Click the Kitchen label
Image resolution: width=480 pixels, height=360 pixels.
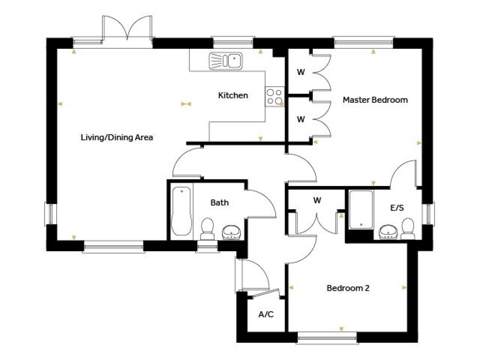click(233, 96)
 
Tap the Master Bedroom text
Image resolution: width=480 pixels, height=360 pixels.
click(375, 100)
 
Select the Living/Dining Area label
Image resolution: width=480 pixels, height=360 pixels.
click(117, 138)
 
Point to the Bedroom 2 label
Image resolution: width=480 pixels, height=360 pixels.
click(348, 288)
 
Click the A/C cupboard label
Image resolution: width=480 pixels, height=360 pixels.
click(266, 315)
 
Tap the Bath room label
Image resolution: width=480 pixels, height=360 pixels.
click(219, 202)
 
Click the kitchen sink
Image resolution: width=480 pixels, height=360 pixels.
click(225, 60)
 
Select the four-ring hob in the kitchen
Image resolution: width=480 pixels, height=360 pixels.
click(274, 97)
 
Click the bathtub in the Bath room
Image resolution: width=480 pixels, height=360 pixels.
click(181, 212)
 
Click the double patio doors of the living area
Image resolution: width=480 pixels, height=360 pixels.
click(127, 29)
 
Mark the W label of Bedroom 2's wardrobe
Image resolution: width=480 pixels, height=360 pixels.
click(317, 201)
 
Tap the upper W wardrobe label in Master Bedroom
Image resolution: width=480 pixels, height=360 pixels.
click(301, 73)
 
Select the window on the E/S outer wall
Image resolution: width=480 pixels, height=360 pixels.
click(428, 213)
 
